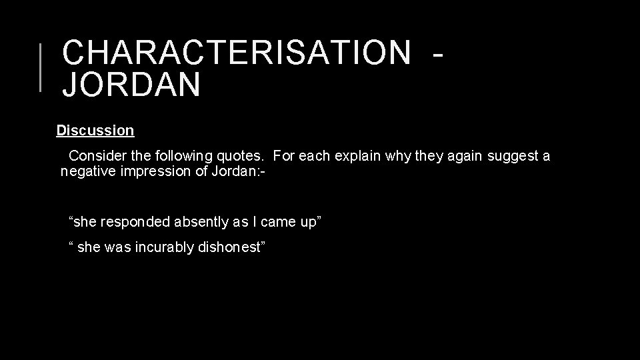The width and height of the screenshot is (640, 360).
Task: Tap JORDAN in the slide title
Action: point(131,85)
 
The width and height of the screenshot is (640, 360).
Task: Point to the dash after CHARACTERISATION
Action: point(437,53)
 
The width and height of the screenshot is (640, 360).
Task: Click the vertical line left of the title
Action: point(41,66)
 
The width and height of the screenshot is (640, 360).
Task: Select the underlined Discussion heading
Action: point(95,130)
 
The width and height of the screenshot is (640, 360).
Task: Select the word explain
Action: point(355,156)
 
